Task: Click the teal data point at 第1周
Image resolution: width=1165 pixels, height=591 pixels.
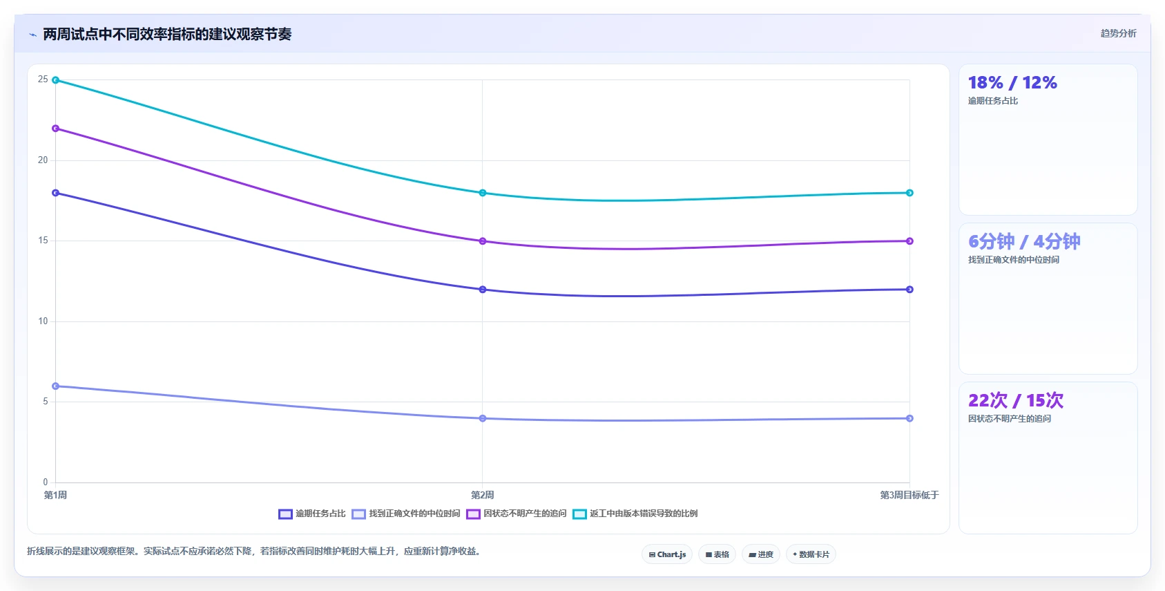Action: coord(56,80)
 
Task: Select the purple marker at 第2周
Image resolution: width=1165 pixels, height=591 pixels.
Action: coord(483,241)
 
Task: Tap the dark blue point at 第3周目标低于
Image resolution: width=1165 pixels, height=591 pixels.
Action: coord(909,290)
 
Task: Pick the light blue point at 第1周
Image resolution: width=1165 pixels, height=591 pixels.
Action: coord(56,386)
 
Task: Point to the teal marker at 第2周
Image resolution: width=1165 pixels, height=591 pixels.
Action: coord(483,193)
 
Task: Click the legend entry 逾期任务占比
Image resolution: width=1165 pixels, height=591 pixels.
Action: coord(312,514)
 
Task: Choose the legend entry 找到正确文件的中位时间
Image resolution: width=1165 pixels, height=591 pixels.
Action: coord(405,514)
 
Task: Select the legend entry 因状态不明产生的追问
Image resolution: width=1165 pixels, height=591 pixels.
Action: coord(517,514)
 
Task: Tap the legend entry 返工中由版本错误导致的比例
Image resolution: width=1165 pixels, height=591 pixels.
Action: coord(635,514)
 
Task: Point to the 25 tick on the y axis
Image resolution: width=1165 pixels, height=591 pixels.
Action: coord(43,79)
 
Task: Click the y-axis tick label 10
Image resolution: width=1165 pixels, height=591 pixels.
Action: coord(43,321)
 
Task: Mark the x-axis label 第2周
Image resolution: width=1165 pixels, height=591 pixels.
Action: coord(483,495)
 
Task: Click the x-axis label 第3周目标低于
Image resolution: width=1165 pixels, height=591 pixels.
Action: coord(909,495)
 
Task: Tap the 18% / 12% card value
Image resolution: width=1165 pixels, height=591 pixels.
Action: coord(1012,83)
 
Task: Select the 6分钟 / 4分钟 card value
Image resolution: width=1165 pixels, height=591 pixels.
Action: coord(1024,242)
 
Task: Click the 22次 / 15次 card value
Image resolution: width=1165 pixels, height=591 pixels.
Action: coord(1016,400)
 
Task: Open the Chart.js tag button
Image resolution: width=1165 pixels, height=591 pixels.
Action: coord(667,554)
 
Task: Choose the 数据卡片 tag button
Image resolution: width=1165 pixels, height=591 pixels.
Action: coord(811,554)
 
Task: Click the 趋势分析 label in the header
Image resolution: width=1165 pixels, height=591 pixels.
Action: coord(1118,34)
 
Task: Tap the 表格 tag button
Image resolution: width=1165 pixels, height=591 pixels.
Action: coord(718,554)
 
